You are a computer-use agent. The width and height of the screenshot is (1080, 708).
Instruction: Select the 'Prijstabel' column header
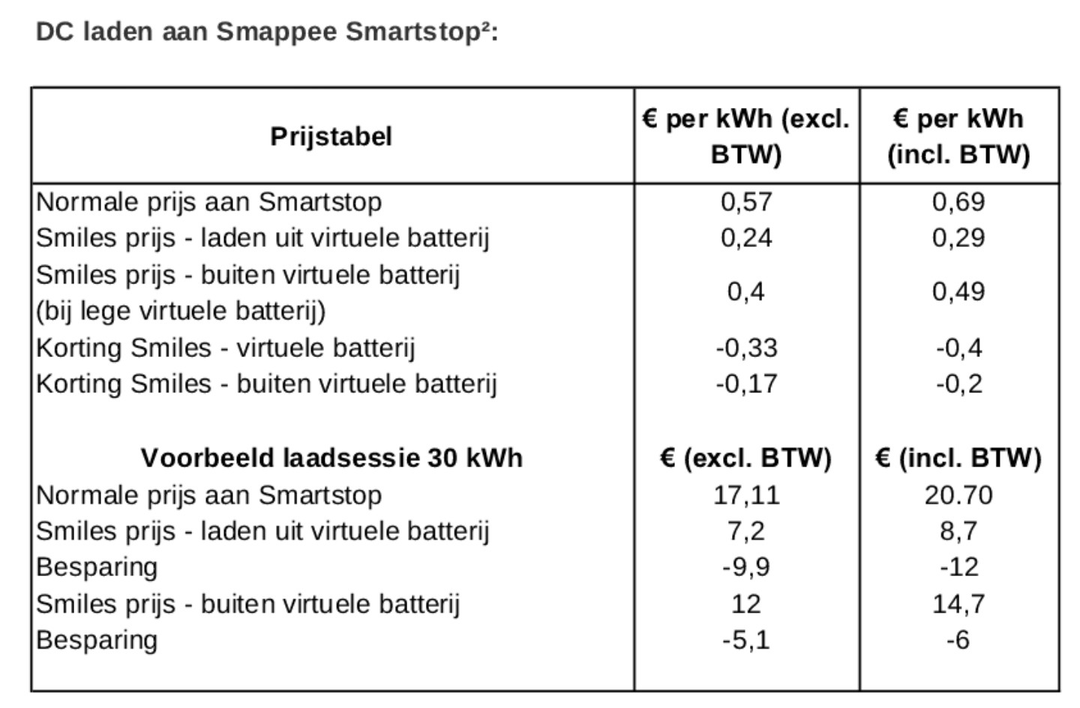click(331, 136)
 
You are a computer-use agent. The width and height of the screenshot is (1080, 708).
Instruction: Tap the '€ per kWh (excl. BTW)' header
click(746, 136)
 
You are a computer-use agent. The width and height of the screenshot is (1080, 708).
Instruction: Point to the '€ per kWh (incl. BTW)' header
click(958, 136)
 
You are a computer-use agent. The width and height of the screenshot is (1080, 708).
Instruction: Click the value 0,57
click(746, 202)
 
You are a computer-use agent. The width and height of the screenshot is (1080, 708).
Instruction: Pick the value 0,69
click(958, 202)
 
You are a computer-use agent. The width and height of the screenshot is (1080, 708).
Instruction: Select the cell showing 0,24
click(746, 238)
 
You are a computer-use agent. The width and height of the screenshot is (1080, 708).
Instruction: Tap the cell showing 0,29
click(958, 238)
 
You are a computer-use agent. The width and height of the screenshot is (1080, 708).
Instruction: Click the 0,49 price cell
click(958, 292)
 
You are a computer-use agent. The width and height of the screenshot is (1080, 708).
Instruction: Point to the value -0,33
click(746, 348)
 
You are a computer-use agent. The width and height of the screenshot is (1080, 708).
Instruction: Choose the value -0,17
click(746, 384)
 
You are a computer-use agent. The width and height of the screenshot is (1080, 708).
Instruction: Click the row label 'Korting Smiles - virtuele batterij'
click(225, 348)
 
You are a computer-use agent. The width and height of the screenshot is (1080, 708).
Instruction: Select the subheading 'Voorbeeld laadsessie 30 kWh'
click(331, 457)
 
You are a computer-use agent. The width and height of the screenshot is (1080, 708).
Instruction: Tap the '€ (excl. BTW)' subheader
click(746, 457)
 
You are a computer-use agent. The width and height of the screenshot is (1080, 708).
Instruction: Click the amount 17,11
click(746, 495)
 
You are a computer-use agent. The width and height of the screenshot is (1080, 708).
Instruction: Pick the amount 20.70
click(958, 495)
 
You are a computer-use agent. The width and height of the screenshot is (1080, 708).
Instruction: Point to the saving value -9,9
click(746, 567)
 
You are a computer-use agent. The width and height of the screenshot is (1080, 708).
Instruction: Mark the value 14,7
click(958, 604)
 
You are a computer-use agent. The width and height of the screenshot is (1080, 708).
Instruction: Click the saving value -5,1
click(746, 640)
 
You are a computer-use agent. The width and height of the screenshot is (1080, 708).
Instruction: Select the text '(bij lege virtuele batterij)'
click(181, 310)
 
